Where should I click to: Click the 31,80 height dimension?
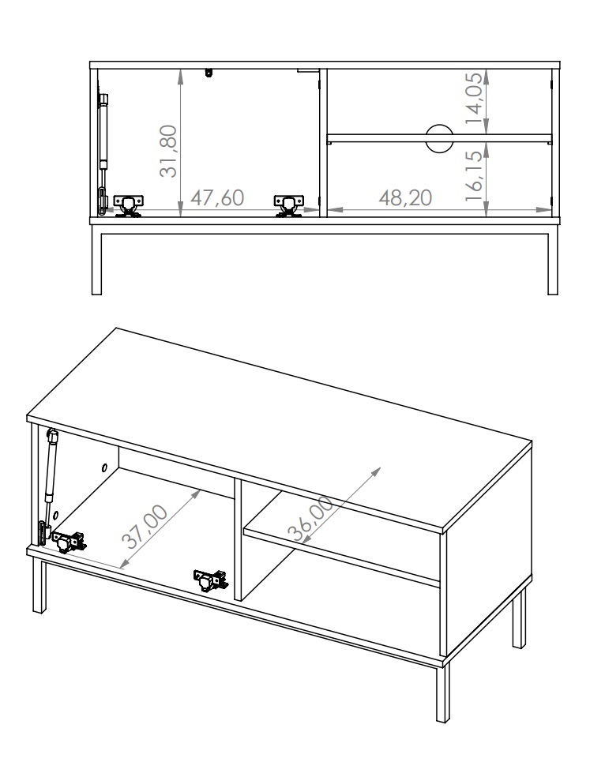pyautogui.click(x=168, y=151)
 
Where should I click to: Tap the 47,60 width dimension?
pyautogui.click(x=217, y=198)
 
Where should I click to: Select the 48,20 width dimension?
pyautogui.click(x=405, y=198)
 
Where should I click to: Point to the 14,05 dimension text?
pyautogui.click(x=473, y=99)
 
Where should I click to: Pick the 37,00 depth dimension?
pyautogui.click(x=145, y=527)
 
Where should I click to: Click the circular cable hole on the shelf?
pyautogui.click(x=439, y=137)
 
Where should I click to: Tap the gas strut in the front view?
pyautogui.click(x=103, y=154)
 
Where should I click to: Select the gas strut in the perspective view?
pyautogui.click(x=47, y=486)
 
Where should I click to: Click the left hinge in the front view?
pyautogui.click(x=128, y=205)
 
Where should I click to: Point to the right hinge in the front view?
pyautogui.click(x=288, y=205)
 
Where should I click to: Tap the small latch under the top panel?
pyautogui.click(x=209, y=73)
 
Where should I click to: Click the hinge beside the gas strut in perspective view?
pyautogui.click(x=69, y=542)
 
